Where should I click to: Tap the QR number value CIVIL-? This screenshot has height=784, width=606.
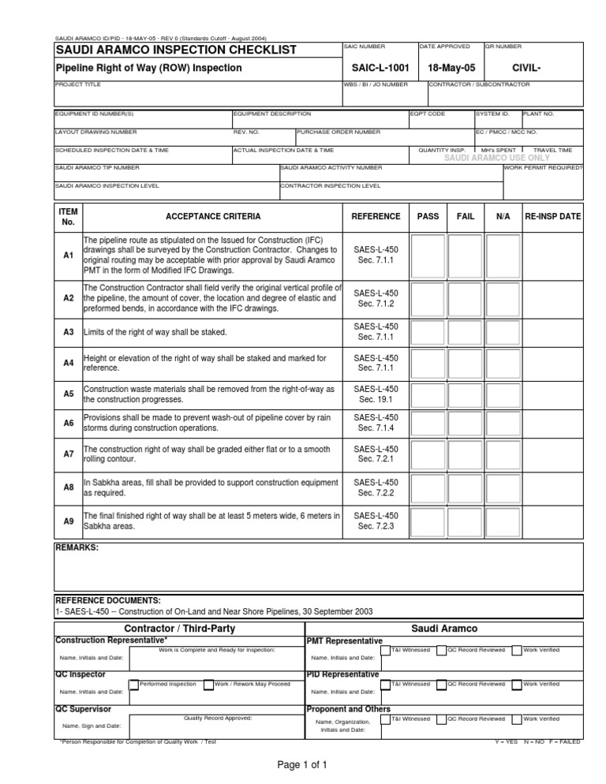coord(526,69)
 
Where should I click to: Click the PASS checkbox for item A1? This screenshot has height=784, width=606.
coord(428,254)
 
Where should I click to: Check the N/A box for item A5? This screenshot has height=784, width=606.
coord(503,394)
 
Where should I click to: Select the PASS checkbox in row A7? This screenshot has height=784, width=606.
coord(428,455)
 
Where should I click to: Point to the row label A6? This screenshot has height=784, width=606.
coord(68,424)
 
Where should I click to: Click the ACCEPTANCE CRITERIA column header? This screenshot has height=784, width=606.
coord(212,216)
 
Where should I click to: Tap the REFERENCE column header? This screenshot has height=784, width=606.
coord(376,216)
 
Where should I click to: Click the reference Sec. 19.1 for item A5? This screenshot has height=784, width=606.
coord(376,400)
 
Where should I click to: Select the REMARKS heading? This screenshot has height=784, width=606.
coord(77,547)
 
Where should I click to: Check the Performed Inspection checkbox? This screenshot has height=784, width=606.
coord(134,685)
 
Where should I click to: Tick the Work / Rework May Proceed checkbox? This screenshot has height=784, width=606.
coord(208,685)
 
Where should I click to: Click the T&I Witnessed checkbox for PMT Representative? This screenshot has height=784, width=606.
coord(385,651)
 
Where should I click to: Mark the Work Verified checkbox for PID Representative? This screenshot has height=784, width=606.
coord(517,685)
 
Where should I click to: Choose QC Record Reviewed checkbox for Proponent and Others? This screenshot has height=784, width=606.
coord(441,719)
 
